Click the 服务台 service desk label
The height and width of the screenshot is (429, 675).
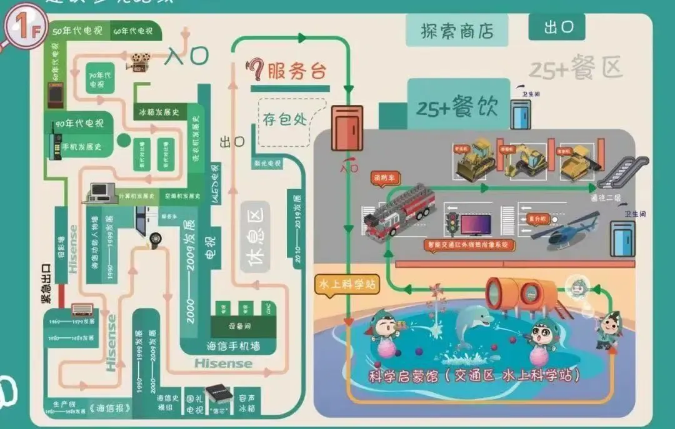pos(296,71)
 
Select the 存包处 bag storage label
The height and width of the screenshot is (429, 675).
pos(284,118)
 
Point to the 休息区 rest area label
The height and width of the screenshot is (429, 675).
pos(257,237)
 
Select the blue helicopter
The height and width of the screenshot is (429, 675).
pos(564,230)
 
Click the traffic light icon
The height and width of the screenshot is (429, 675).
pos(451,223)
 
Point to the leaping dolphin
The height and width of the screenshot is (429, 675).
pos(469,330)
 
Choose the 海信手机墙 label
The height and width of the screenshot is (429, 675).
pos(232,345)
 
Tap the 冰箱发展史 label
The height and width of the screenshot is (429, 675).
pos(159,112)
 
